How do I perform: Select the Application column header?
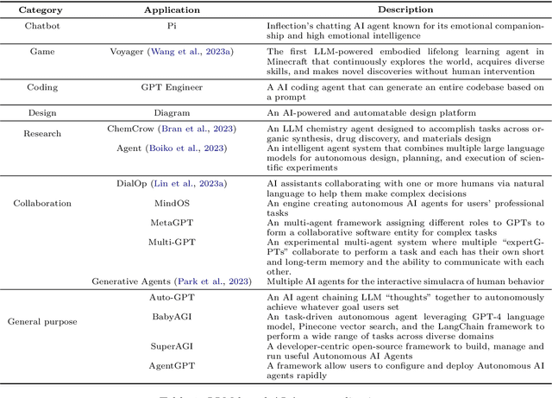(x=172, y=9)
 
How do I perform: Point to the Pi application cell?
(x=172, y=27)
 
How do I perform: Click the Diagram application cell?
(x=172, y=113)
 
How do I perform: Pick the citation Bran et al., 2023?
(x=201, y=129)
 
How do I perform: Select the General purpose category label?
(x=42, y=321)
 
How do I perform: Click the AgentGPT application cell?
(x=172, y=365)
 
